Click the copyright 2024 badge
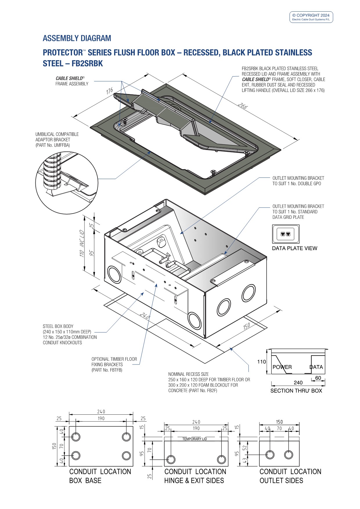click(311, 17)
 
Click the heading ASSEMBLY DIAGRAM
click(77, 38)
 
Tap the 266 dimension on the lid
click(242, 106)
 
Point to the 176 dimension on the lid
click(109, 91)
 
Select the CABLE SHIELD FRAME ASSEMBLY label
click(72, 81)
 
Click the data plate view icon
click(286, 234)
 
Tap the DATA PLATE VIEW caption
click(294, 248)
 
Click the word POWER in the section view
click(282, 367)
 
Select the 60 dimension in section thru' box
click(318, 378)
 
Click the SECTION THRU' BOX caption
click(296, 391)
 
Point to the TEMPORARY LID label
click(195, 439)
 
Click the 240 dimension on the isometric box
click(145, 316)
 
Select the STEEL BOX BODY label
click(58, 326)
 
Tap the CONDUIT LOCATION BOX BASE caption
click(100, 476)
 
